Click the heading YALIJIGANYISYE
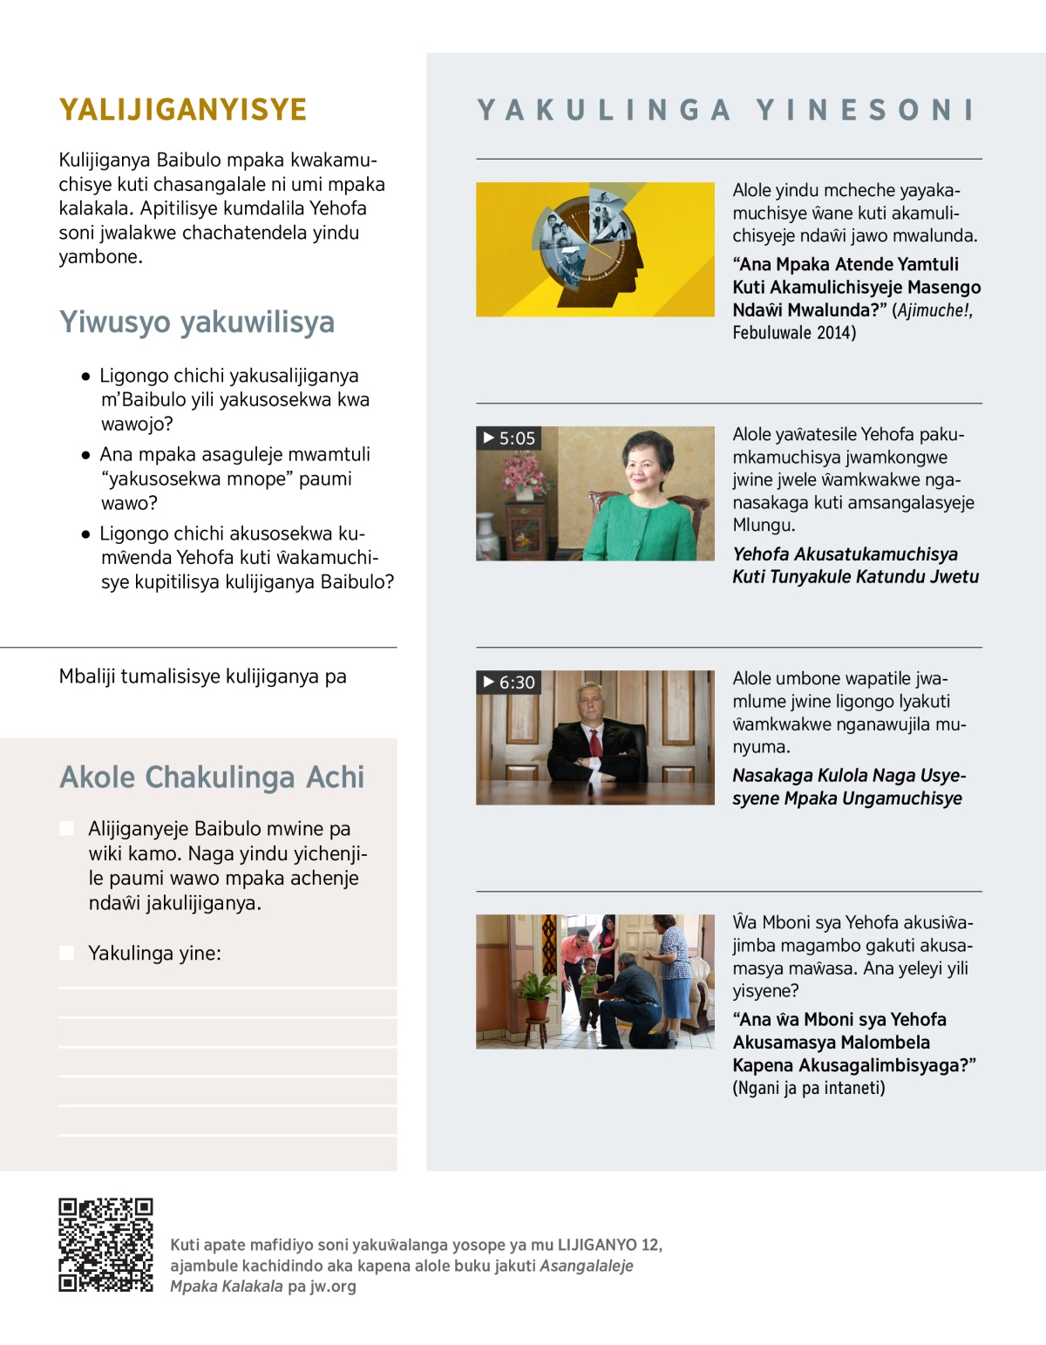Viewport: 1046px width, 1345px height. (x=183, y=110)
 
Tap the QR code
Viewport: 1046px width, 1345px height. (x=105, y=1245)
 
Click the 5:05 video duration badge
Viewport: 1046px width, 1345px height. (x=509, y=438)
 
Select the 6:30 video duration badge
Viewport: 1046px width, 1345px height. (x=509, y=683)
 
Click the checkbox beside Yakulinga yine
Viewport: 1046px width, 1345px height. (x=67, y=953)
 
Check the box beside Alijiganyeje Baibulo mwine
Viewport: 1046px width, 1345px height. (x=67, y=828)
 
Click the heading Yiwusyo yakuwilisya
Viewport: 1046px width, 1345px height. (x=197, y=322)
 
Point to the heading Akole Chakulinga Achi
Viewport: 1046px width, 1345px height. (x=212, y=777)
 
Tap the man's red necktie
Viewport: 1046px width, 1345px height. (x=595, y=742)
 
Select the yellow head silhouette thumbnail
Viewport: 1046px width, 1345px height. (x=594, y=249)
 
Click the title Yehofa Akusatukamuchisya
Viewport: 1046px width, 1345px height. (x=845, y=554)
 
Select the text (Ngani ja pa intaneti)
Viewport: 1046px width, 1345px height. (x=808, y=1088)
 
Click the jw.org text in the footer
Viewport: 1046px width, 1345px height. (x=333, y=1286)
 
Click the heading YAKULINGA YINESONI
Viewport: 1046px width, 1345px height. (x=726, y=110)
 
